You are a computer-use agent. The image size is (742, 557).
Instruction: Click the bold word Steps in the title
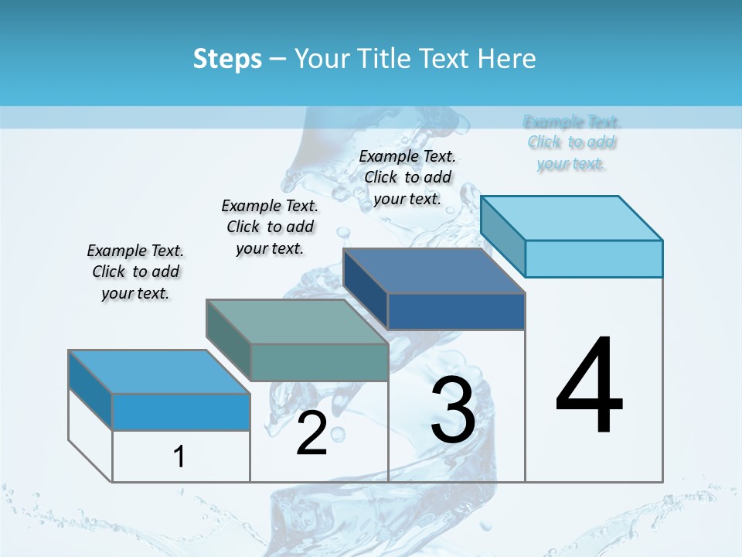pos(227,59)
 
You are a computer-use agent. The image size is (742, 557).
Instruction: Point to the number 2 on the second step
pos(311,433)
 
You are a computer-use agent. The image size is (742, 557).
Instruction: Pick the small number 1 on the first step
pos(179,456)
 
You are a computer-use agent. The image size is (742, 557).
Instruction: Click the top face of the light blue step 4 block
pos(572,218)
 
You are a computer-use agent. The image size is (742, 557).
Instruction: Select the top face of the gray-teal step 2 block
pos(297,322)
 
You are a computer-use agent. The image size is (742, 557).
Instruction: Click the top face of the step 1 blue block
pos(159,372)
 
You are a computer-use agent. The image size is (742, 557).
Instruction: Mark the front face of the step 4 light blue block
pos(594,258)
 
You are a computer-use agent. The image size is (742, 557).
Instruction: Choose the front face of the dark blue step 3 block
pos(456,311)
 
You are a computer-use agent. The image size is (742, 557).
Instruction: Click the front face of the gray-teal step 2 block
pos(319,362)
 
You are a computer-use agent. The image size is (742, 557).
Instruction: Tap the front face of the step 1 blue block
pos(181,412)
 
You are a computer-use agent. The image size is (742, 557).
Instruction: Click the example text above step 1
pos(135,272)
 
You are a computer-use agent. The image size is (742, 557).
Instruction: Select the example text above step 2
pos(270,227)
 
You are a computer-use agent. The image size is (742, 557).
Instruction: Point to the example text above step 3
pos(407,177)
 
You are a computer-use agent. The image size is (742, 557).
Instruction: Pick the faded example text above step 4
pos(571,142)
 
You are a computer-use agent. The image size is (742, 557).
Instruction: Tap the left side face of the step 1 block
pos(90,391)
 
